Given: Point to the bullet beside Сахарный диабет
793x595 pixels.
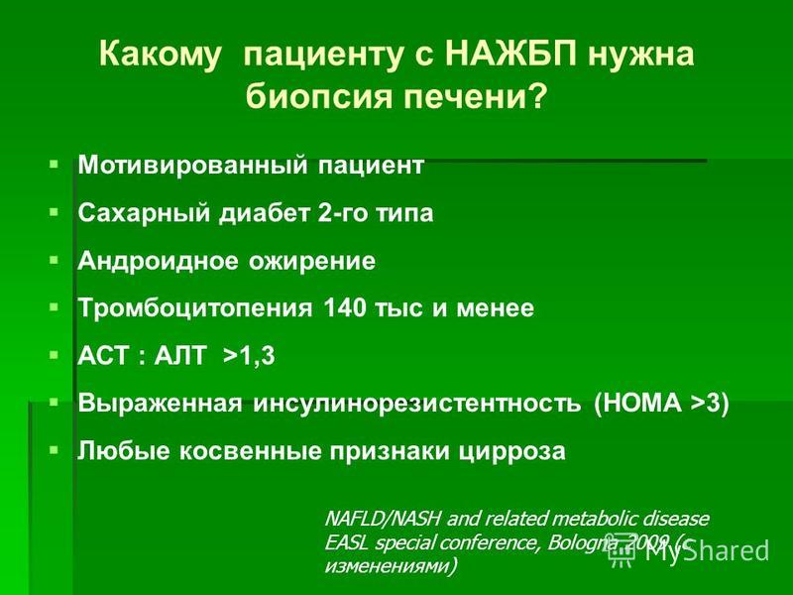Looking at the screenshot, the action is coord(54,212).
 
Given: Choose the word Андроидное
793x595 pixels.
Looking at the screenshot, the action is coord(158,261).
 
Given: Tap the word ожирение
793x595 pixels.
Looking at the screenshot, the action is coord(312,262).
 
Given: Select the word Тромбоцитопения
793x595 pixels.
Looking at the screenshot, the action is coord(195,308).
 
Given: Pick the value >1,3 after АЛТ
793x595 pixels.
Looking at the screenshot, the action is coord(249,356).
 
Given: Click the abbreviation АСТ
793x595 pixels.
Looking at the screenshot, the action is coord(103,356).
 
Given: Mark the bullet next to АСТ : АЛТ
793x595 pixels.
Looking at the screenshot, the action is coord(54,355).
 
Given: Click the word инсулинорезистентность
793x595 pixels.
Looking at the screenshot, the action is coord(417,404).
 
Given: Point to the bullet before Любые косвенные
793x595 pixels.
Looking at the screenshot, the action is coord(54,450).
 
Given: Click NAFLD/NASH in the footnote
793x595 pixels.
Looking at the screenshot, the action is coord(384,519).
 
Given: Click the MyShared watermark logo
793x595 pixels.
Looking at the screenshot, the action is coord(689,550).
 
